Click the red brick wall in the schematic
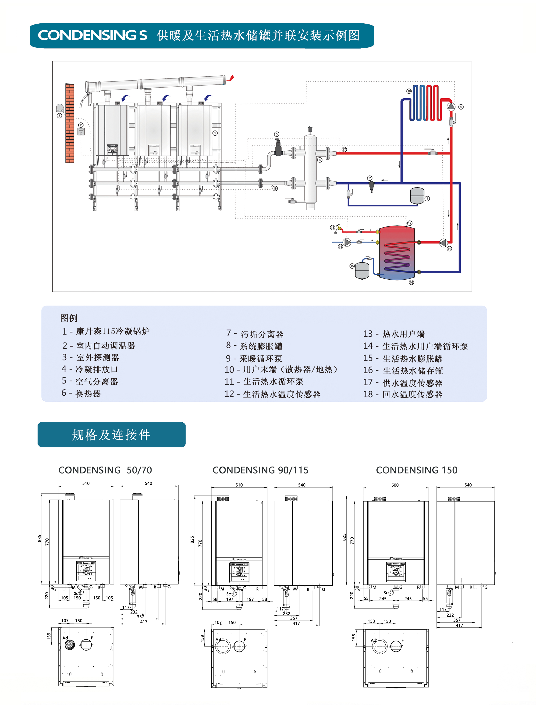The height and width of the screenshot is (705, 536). click(x=70, y=123)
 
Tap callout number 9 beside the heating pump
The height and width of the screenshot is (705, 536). click(x=461, y=107)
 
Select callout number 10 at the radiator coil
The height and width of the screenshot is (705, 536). click(x=409, y=91)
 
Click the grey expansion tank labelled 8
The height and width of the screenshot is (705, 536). click(x=417, y=196)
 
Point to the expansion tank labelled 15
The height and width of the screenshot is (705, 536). click(x=362, y=270)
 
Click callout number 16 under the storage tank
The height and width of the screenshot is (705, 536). click(x=411, y=282)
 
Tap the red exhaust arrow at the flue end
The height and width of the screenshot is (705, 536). click(x=231, y=78)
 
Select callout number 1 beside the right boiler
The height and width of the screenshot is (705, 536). click(x=215, y=133)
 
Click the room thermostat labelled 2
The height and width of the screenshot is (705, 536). click(x=81, y=132)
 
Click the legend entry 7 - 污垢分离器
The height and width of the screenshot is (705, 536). click(x=255, y=334)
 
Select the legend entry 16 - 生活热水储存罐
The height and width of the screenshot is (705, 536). click(x=403, y=370)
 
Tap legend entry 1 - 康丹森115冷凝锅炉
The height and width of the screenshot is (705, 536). click(x=106, y=331)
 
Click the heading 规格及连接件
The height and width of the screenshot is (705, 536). click(x=111, y=435)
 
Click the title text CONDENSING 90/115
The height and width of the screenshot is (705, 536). click(x=260, y=470)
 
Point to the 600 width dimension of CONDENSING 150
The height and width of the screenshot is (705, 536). click(x=395, y=485)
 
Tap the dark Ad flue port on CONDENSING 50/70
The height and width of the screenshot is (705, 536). click(x=70, y=645)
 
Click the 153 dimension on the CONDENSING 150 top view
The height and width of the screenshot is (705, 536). click(x=371, y=621)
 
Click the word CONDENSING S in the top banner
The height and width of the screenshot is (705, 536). click(x=92, y=36)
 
